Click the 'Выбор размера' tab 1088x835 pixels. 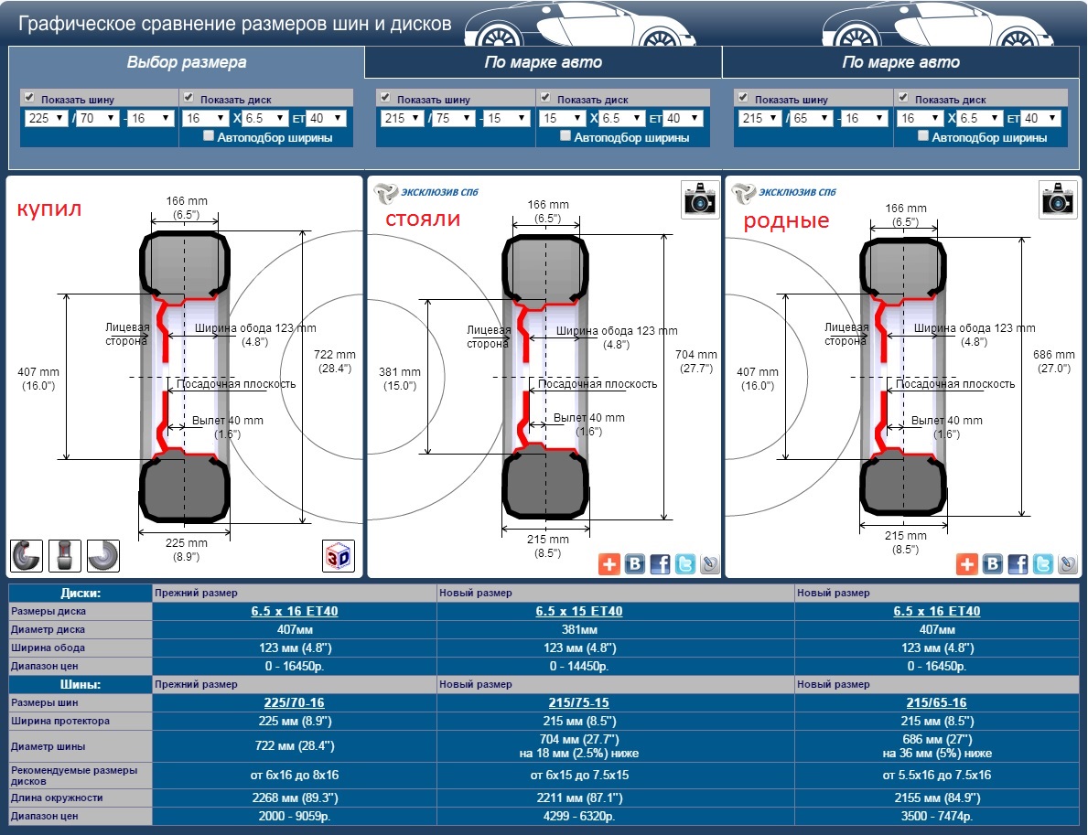point(186,62)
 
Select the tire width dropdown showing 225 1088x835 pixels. point(46,118)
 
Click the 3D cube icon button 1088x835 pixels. point(339,555)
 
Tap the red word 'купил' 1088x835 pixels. point(49,208)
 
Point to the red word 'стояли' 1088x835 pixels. point(423,219)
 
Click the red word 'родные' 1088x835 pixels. point(786,220)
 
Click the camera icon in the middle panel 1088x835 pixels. point(700,199)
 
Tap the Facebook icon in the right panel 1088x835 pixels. point(1018,564)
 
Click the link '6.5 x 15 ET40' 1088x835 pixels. point(578,611)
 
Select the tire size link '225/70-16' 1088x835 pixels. point(295,702)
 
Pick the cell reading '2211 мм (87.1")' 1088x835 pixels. point(579,798)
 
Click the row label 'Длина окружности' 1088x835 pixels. point(57,798)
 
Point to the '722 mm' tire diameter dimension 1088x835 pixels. point(334,354)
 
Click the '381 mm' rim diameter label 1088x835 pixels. point(400,371)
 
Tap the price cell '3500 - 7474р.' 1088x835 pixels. point(937,817)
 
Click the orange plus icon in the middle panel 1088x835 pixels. point(609,564)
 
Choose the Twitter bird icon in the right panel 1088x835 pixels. point(1043,564)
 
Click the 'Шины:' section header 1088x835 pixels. point(81,684)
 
